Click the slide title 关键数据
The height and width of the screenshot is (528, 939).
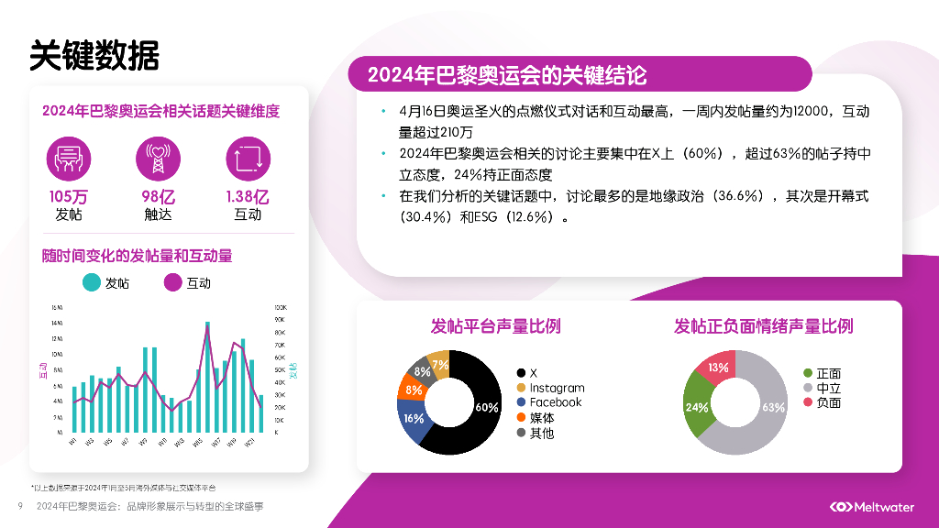point(94,55)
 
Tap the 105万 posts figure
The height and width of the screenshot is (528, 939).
point(69,196)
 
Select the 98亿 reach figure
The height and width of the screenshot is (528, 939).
point(158,196)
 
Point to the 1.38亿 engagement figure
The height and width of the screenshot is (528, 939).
point(248,196)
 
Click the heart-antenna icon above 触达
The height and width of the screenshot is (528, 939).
point(158,158)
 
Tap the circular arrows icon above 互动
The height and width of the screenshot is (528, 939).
point(248,158)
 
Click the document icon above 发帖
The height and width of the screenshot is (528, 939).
point(69,158)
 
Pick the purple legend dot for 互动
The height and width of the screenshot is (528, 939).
point(172,282)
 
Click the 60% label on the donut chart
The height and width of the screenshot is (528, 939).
point(487,407)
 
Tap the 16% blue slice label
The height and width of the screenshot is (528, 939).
point(414,418)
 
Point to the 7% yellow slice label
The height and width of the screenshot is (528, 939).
point(440,365)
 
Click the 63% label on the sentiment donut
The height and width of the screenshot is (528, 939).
point(774,407)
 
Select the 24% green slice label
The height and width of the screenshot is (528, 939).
point(697,407)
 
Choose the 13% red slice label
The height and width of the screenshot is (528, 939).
point(719,368)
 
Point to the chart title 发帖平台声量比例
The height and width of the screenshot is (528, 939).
point(496,326)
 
